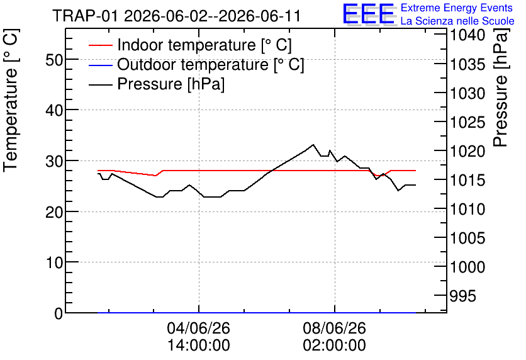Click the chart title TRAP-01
85,16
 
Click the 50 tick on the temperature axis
54,60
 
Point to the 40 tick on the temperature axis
54,110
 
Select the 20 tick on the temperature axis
54,212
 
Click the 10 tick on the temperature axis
54,262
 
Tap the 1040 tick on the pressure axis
467,35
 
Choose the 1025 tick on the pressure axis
467,123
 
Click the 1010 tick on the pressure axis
467,210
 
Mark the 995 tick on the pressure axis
462,296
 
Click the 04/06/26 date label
199,328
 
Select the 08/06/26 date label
335,328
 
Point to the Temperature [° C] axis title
11,100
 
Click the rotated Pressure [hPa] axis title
501,87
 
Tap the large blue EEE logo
369,14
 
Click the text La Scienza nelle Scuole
457,21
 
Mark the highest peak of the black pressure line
313,145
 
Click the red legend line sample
100,45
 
